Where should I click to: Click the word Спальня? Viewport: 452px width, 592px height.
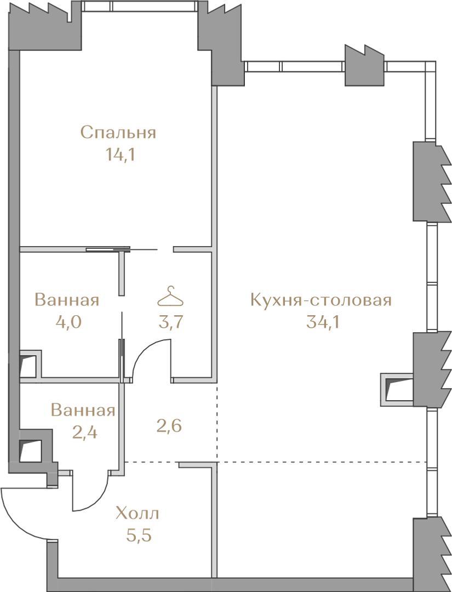click(118, 133)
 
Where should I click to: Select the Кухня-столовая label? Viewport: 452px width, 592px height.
click(321, 300)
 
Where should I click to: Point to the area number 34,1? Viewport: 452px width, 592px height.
click(323, 322)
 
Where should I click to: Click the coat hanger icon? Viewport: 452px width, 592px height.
click(170, 297)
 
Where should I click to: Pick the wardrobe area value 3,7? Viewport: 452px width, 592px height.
click(171, 322)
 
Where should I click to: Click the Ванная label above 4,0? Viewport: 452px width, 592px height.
click(67, 300)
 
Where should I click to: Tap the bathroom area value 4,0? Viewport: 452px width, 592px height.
click(68, 322)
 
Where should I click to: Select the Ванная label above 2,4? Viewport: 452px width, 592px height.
click(83, 411)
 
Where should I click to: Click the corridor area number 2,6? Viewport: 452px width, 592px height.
click(169, 426)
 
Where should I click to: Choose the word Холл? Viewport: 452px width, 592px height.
click(138, 514)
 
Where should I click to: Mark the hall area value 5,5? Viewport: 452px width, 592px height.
click(139, 536)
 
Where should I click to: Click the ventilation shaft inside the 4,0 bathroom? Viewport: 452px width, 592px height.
click(28, 365)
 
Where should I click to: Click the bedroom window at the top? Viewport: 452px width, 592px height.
click(139, 7)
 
